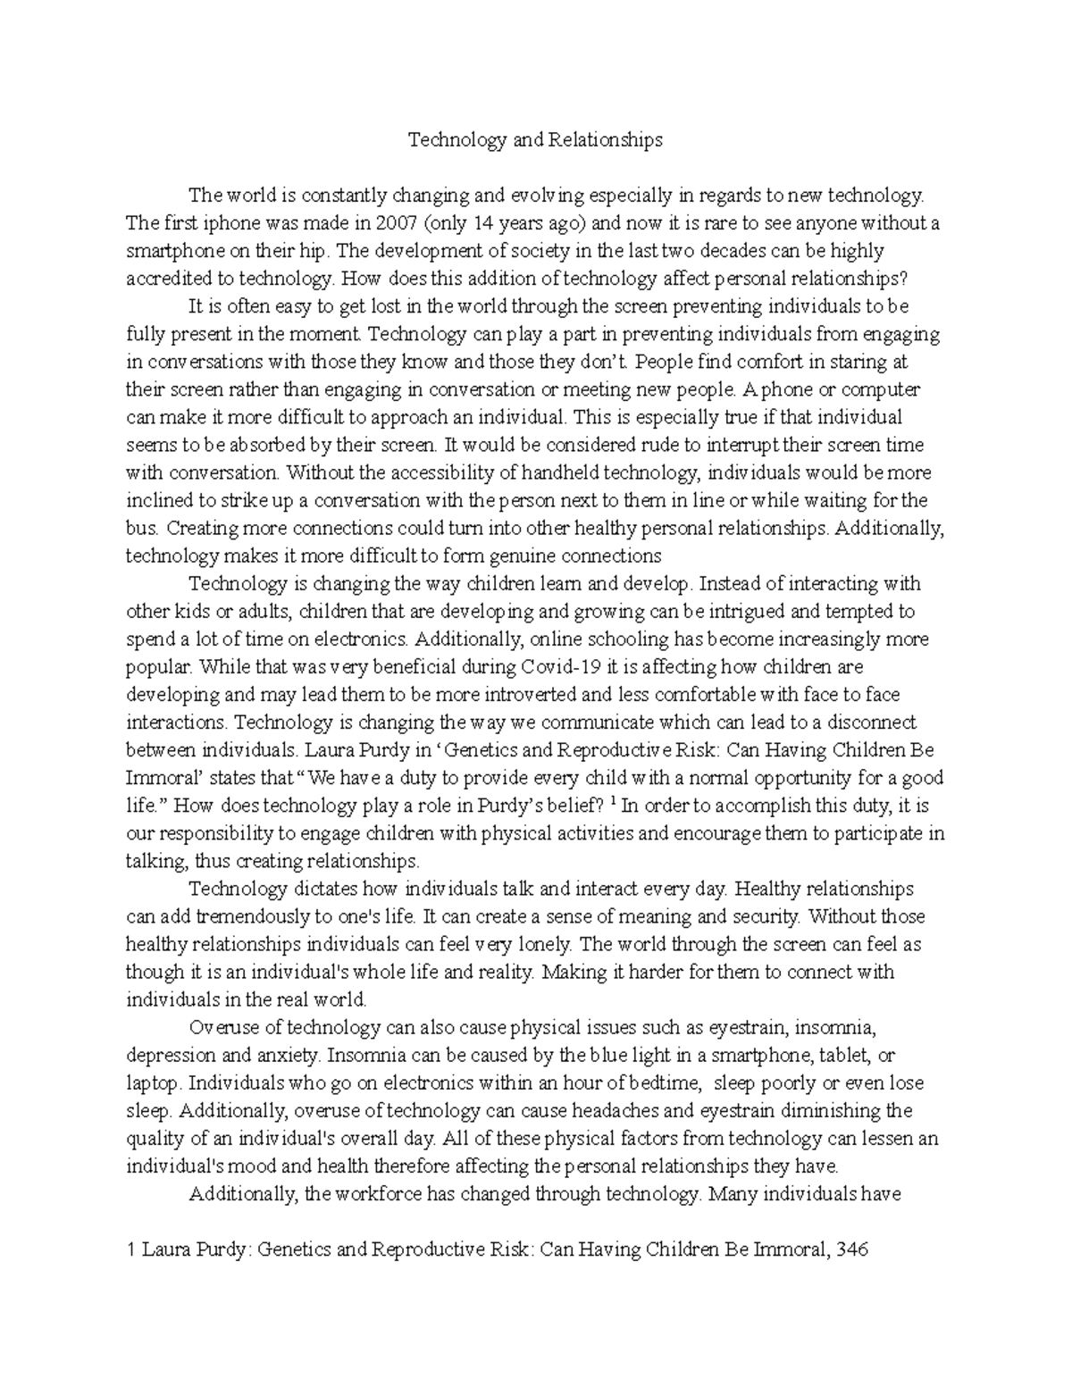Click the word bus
pos(141,528)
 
